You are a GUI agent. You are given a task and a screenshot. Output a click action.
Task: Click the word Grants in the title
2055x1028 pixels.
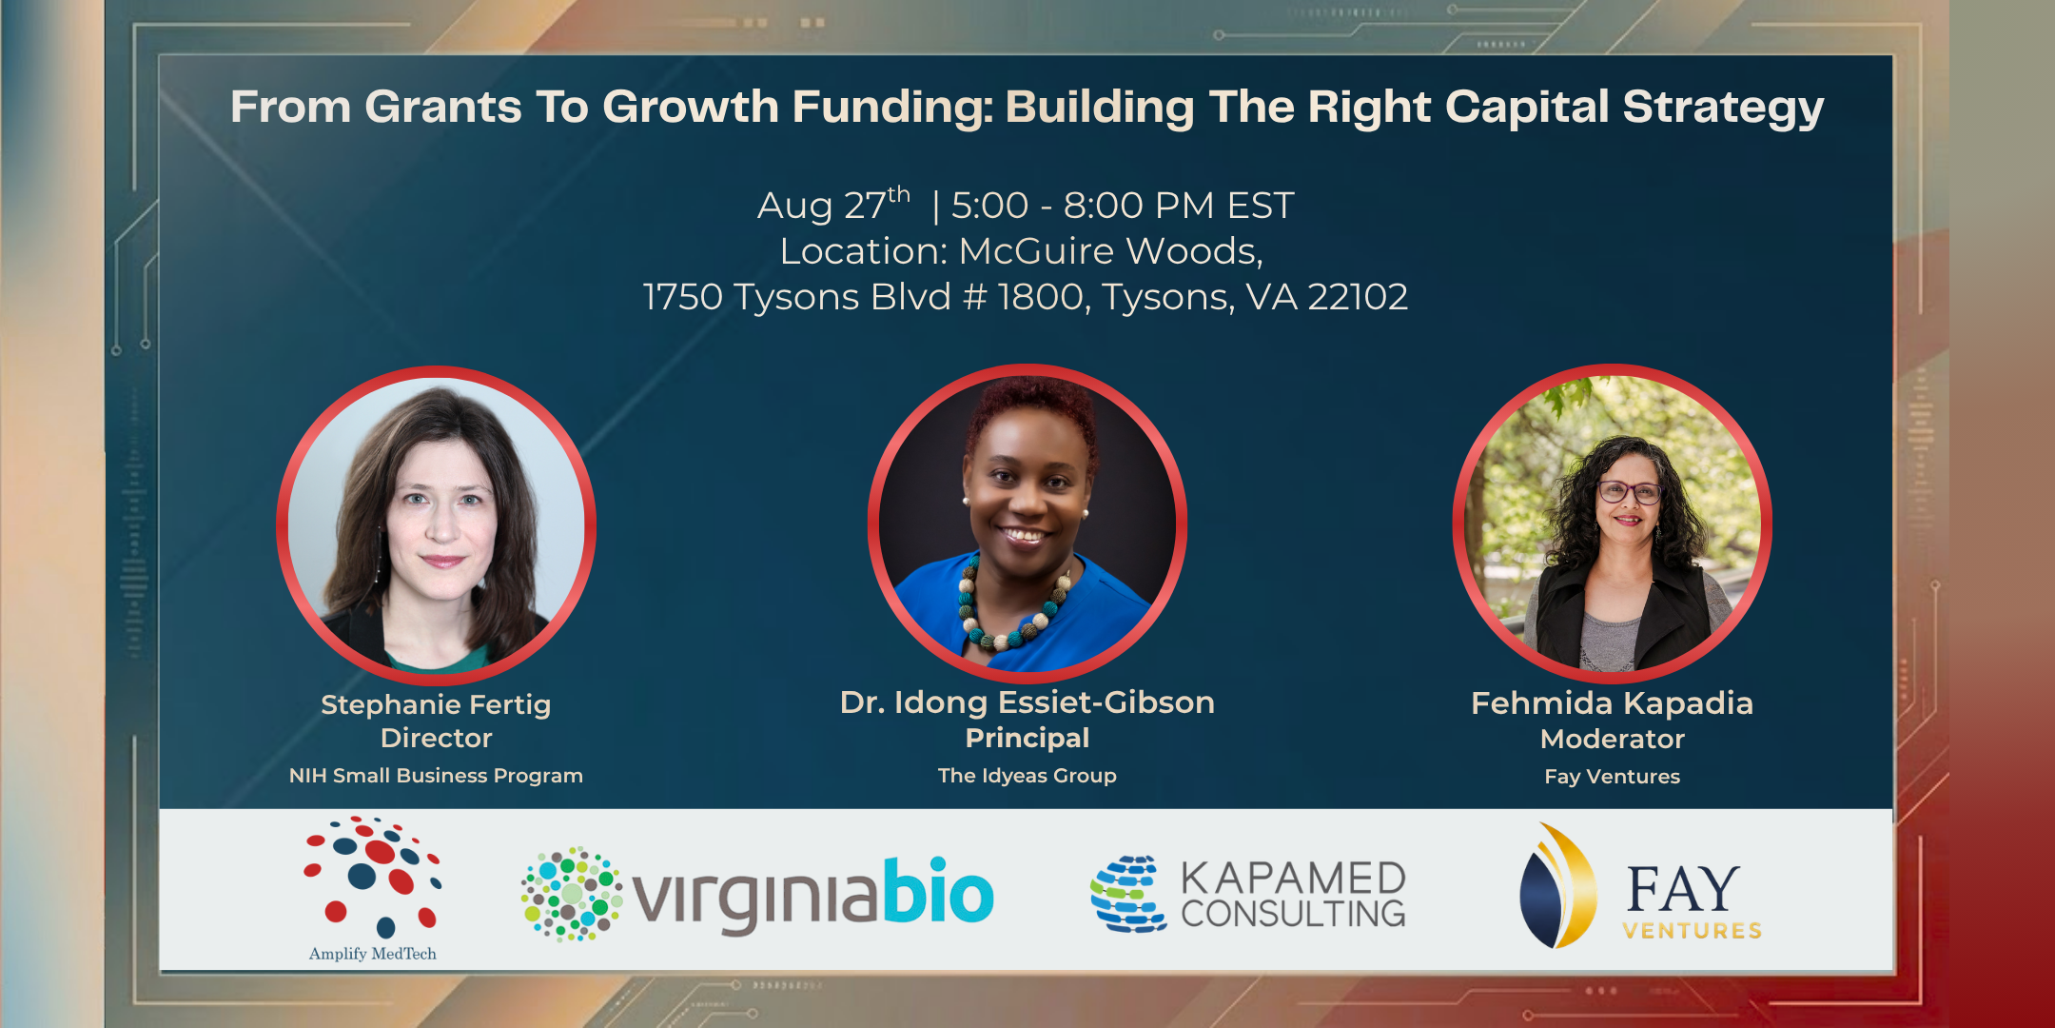point(443,107)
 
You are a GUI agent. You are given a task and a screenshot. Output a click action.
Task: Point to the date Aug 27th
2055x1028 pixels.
point(833,205)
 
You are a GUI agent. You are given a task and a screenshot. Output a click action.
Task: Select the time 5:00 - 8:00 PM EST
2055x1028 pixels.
point(1123,206)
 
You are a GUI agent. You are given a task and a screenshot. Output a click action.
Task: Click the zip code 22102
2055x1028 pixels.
point(1358,297)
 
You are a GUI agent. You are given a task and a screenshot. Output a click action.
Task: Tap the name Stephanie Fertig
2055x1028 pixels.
point(436,705)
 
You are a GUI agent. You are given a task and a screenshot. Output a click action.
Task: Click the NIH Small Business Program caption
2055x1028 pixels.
point(436,776)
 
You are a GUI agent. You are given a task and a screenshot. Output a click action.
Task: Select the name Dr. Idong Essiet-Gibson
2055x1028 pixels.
point(1027,702)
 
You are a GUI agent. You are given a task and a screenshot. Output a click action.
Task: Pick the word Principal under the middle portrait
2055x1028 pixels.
point(1027,738)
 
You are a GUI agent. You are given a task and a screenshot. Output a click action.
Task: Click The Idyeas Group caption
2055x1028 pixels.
point(1027,776)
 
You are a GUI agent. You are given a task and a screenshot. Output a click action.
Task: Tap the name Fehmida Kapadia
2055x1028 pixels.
point(1613,703)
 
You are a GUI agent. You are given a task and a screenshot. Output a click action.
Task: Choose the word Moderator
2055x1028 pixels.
point(1613,739)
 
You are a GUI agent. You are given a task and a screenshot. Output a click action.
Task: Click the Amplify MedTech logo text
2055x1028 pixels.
point(373,954)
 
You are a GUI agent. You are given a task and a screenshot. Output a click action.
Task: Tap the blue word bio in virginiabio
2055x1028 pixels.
point(938,891)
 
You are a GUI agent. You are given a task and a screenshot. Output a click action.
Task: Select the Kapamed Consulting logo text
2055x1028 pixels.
point(1294,895)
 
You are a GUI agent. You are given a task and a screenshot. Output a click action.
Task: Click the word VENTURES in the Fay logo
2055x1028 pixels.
point(1693,931)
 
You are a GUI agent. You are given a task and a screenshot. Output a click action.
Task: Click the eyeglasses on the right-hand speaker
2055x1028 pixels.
point(1630,492)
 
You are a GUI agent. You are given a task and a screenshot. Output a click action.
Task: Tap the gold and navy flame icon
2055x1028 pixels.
point(1558,886)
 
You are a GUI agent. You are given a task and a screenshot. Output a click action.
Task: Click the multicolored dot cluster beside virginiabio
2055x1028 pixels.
point(572,894)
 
